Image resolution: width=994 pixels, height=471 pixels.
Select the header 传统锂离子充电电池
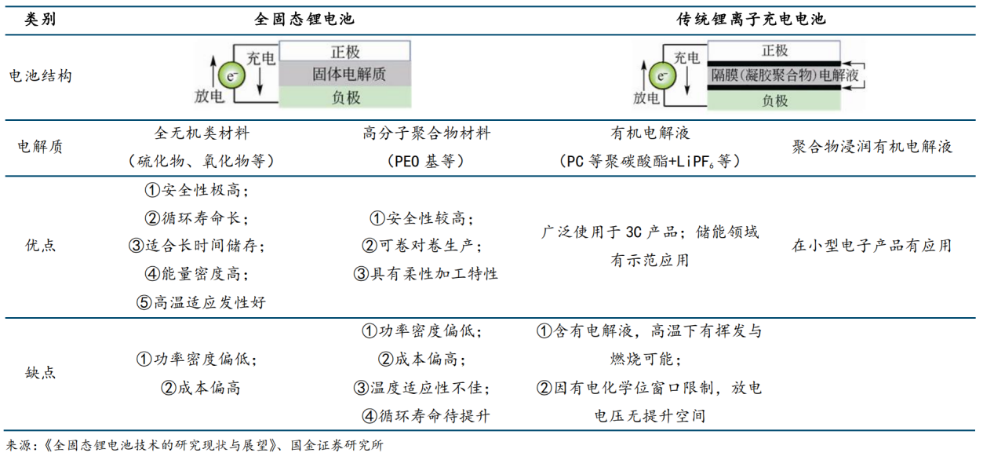751,19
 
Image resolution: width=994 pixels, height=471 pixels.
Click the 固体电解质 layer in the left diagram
344,75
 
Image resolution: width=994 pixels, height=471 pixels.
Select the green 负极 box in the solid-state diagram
344,97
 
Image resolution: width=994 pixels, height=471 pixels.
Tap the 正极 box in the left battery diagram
344,52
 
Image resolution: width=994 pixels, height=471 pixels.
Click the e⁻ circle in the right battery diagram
663,76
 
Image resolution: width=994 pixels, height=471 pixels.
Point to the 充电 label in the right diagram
686,57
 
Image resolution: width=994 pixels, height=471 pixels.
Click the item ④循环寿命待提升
426,416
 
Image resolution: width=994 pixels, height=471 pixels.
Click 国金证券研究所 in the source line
337,446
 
